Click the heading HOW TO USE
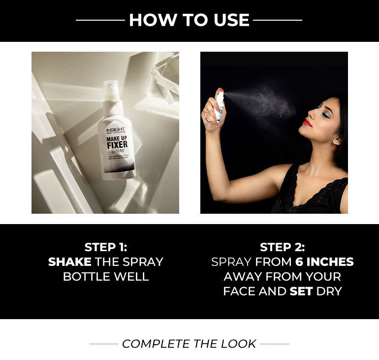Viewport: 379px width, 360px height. coord(189,20)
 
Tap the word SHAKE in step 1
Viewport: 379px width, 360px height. coord(70,262)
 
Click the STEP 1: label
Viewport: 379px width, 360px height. coord(106,247)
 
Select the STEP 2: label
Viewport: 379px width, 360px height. coord(282,247)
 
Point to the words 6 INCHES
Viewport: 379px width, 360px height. coord(324,262)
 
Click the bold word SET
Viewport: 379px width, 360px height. coord(301,291)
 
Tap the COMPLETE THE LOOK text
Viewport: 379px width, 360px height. coord(189,344)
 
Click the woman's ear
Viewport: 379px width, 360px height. coord(338,140)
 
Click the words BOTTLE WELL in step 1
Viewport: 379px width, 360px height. coord(106,276)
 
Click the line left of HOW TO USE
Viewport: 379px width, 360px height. coord(100,20)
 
